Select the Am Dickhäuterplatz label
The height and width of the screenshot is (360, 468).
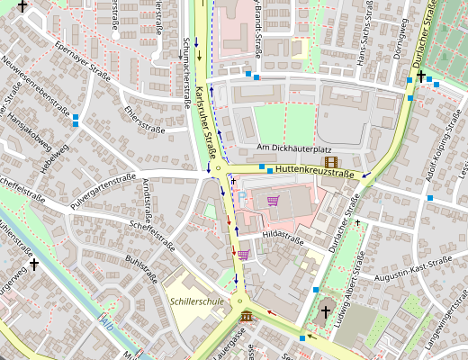[294, 148]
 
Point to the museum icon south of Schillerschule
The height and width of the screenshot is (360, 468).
[247, 314]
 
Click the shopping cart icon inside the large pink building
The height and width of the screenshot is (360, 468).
[274, 201]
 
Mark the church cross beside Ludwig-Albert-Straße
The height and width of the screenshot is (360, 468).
[326, 312]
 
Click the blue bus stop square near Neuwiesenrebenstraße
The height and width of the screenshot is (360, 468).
[76, 119]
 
